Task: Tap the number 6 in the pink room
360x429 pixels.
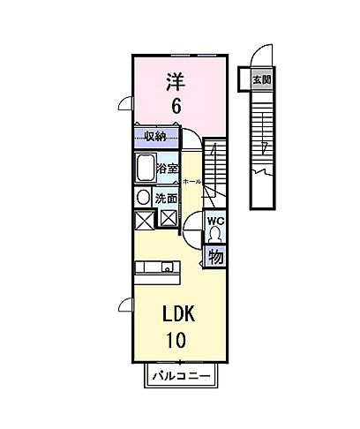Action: (176, 106)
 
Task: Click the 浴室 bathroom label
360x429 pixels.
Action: (167, 168)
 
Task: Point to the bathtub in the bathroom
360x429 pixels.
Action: (145, 168)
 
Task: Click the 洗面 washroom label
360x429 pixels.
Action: (166, 198)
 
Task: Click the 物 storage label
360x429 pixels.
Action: (214, 257)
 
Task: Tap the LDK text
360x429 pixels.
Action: (177, 314)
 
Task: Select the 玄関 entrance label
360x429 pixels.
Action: (262, 80)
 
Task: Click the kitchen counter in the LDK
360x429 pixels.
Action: (157, 267)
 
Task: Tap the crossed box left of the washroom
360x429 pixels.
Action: (144, 219)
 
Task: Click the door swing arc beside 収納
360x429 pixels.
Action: (190, 138)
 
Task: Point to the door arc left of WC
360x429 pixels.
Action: (191, 231)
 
